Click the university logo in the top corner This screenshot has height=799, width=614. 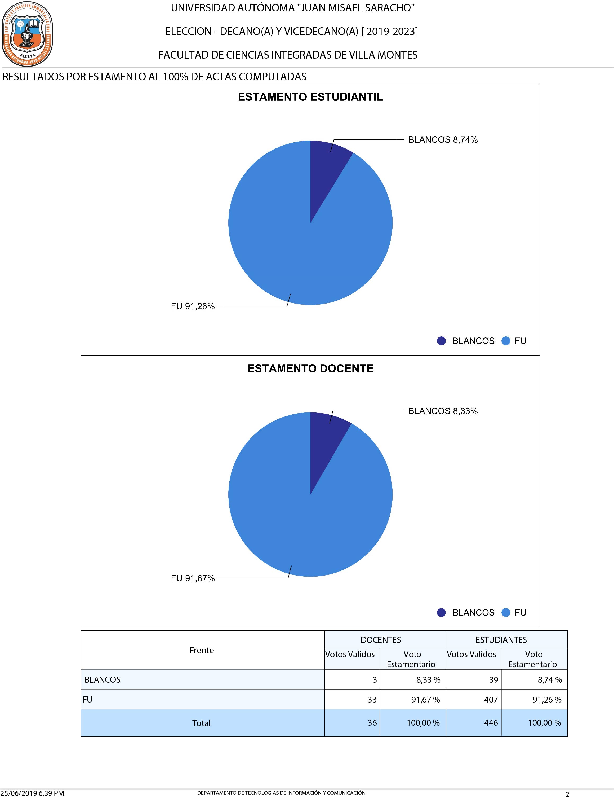tap(27, 34)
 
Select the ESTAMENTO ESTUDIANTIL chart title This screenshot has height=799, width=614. tap(310, 97)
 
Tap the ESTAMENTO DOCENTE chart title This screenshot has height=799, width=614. tap(310, 368)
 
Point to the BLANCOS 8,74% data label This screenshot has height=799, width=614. tap(443, 140)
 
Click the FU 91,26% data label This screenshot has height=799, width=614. tap(193, 306)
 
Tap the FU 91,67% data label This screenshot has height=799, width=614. tap(193, 578)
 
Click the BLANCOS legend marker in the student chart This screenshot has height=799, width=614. tap(441, 341)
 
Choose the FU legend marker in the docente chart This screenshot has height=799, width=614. tap(506, 613)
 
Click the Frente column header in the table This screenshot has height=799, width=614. tap(202, 650)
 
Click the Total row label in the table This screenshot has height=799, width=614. tap(201, 723)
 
